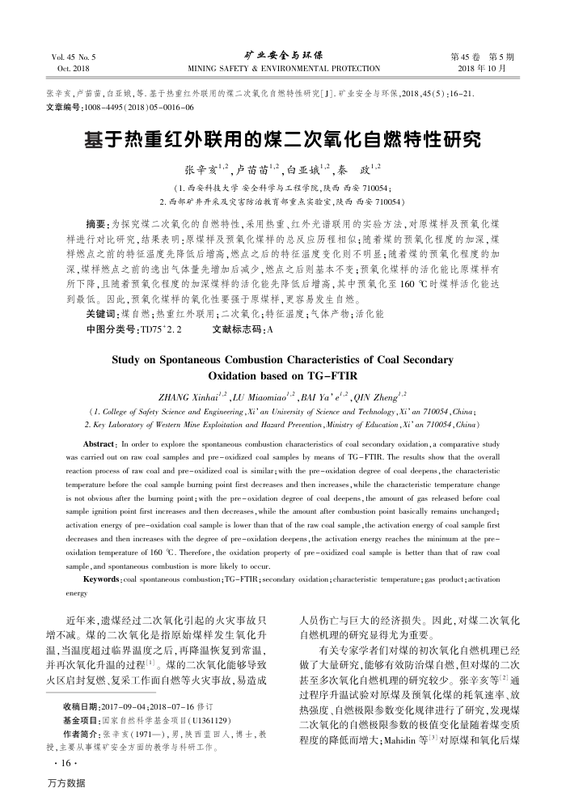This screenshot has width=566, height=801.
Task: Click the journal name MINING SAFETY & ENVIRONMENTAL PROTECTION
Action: pos(283,70)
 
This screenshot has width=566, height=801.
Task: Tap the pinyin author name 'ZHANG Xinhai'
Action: pos(194,396)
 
